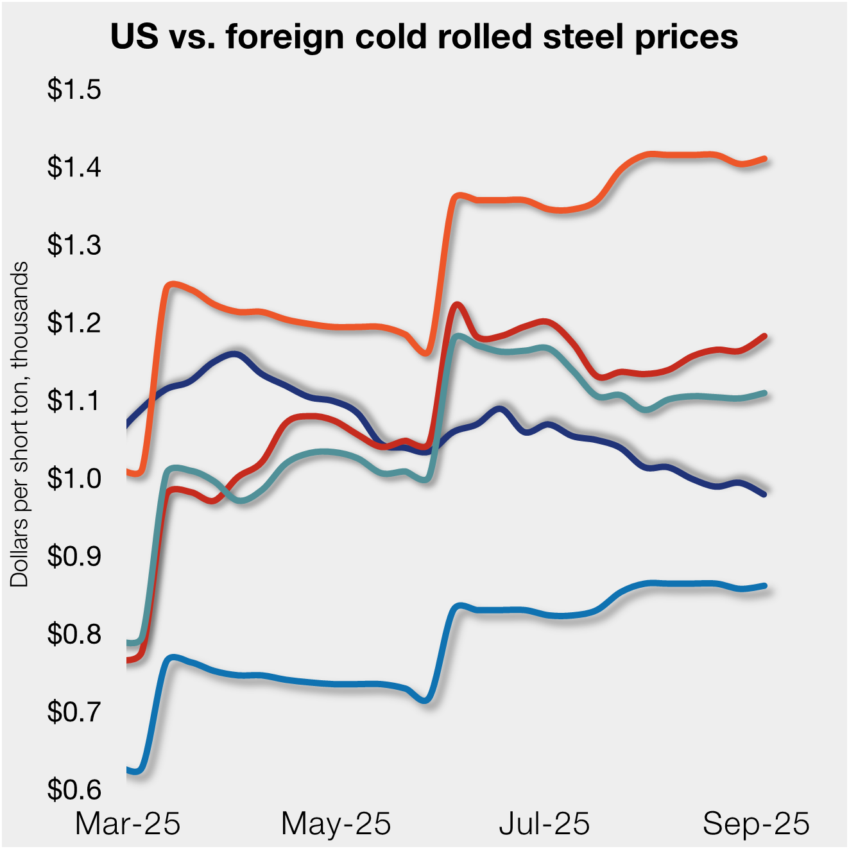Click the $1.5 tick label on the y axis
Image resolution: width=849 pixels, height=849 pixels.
tap(74, 89)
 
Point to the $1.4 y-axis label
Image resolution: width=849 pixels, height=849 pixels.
tap(74, 167)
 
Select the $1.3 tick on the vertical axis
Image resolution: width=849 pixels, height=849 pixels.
tap(74, 244)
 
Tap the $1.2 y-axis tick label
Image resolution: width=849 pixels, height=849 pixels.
tap(74, 322)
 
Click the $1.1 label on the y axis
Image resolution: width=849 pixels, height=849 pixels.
tap(74, 400)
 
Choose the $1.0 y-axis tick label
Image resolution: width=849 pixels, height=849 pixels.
tap(74, 478)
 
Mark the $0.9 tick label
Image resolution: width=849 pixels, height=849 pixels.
tap(74, 556)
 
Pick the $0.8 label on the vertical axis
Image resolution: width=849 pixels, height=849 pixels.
tap(74, 634)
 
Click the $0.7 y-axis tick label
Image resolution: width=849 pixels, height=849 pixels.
tap(74, 712)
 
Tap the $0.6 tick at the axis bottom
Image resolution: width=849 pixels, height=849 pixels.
tap(74, 789)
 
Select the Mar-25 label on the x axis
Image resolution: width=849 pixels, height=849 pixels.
tap(128, 823)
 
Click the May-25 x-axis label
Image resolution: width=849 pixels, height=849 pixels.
tap(336, 823)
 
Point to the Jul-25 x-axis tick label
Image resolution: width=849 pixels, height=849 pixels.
tap(544, 823)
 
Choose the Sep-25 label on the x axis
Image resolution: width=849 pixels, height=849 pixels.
tap(756, 823)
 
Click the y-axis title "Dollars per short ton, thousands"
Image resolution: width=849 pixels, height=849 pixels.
tap(20, 424)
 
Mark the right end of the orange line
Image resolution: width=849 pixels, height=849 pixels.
tap(764, 159)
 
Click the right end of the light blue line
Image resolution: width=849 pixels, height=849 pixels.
tap(764, 585)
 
